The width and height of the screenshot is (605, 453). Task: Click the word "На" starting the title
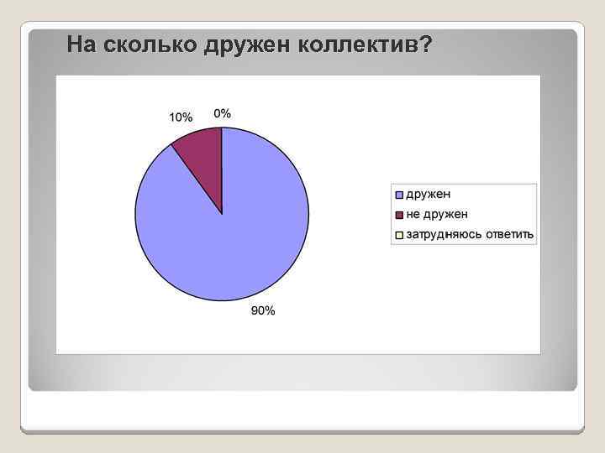pos(82,44)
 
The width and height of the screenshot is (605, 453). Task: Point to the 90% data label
pos(263,312)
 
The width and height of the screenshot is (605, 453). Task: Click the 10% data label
pos(181,117)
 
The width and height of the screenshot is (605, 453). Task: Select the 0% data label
pos(223,113)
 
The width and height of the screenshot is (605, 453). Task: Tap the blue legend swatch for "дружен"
pos(399,194)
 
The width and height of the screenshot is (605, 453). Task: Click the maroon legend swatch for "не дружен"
pos(399,214)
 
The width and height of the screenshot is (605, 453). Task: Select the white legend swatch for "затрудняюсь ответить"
pos(399,234)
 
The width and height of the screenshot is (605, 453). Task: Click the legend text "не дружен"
pos(437,214)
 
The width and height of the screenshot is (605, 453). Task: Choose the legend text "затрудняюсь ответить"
pos(470,234)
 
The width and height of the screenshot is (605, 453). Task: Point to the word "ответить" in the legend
pos(509,234)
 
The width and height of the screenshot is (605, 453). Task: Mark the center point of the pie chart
pos(222,214)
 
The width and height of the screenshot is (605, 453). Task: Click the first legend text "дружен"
pos(429,194)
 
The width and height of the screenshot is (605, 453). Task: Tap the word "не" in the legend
pos(413,214)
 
